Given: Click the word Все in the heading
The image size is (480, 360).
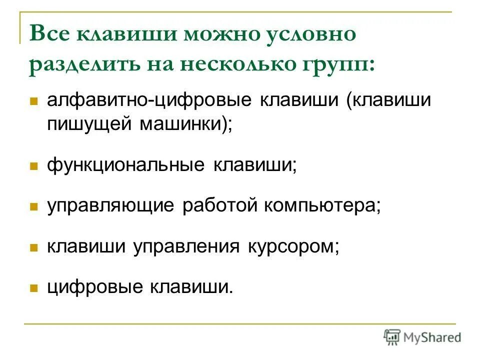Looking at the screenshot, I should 51,34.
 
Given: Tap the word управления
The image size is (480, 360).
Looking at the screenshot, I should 186,247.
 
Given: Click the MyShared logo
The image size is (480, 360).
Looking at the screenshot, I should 422,337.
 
